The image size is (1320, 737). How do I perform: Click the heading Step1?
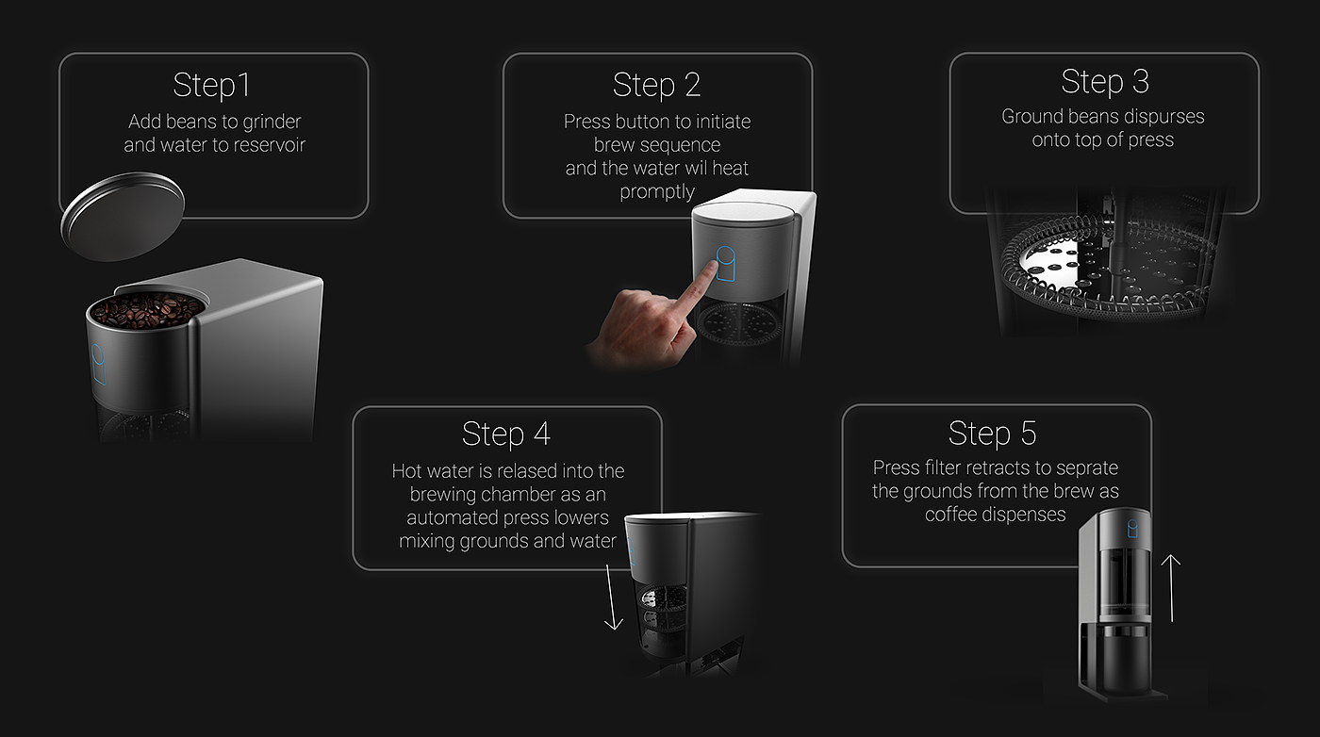pyautogui.click(x=211, y=86)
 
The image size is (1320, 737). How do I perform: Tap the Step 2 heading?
pyautogui.click(x=656, y=86)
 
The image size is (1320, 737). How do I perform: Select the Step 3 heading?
pyautogui.click(x=1105, y=82)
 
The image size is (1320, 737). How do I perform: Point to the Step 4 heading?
pyautogui.click(x=506, y=434)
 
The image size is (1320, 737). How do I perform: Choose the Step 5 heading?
pyautogui.click(x=992, y=434)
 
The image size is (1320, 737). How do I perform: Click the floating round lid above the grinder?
pyautogui.click(x=123, y=216)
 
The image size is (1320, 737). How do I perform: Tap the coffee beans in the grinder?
pyautogui.click(x=147, y=310)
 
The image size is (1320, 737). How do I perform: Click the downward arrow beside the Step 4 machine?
pyautogui.click(x=612, y=597)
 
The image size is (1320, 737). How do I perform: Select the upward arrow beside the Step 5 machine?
pyautogui.click(x=1171, y=588)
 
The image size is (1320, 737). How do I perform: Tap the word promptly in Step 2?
pyautogui.click(x=657, y=192)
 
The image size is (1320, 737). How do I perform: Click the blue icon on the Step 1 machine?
pyautogui.click(x=98, y=364)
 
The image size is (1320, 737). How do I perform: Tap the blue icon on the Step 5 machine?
pyautogui.click(x=1132, y=529)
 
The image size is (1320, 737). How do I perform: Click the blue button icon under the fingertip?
pyautogui.click(x=726, y=263)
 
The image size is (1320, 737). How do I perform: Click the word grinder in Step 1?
pyautogui.click(x=272, y=123)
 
